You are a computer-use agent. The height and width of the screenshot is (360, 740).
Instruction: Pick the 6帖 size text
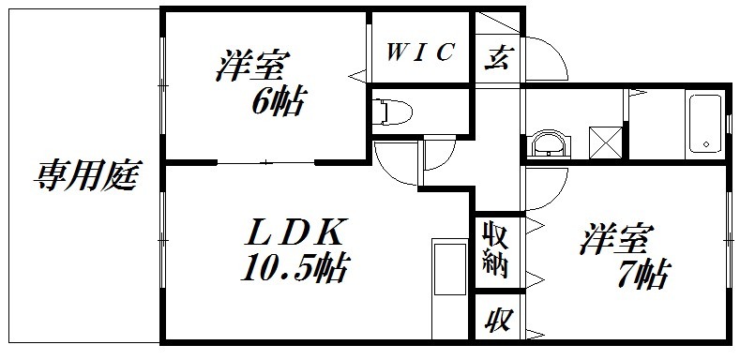[277, 100]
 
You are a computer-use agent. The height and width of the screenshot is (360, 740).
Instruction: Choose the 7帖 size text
[642, 274]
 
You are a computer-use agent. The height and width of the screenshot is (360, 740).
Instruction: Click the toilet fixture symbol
[393, 112]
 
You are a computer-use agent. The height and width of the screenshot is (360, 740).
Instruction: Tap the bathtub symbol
[702, 124]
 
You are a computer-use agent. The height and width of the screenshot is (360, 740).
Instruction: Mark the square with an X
[606, 142]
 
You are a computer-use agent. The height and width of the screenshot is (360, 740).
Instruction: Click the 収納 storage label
[494, 248]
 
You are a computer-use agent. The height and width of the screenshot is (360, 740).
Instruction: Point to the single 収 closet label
[494, 322]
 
